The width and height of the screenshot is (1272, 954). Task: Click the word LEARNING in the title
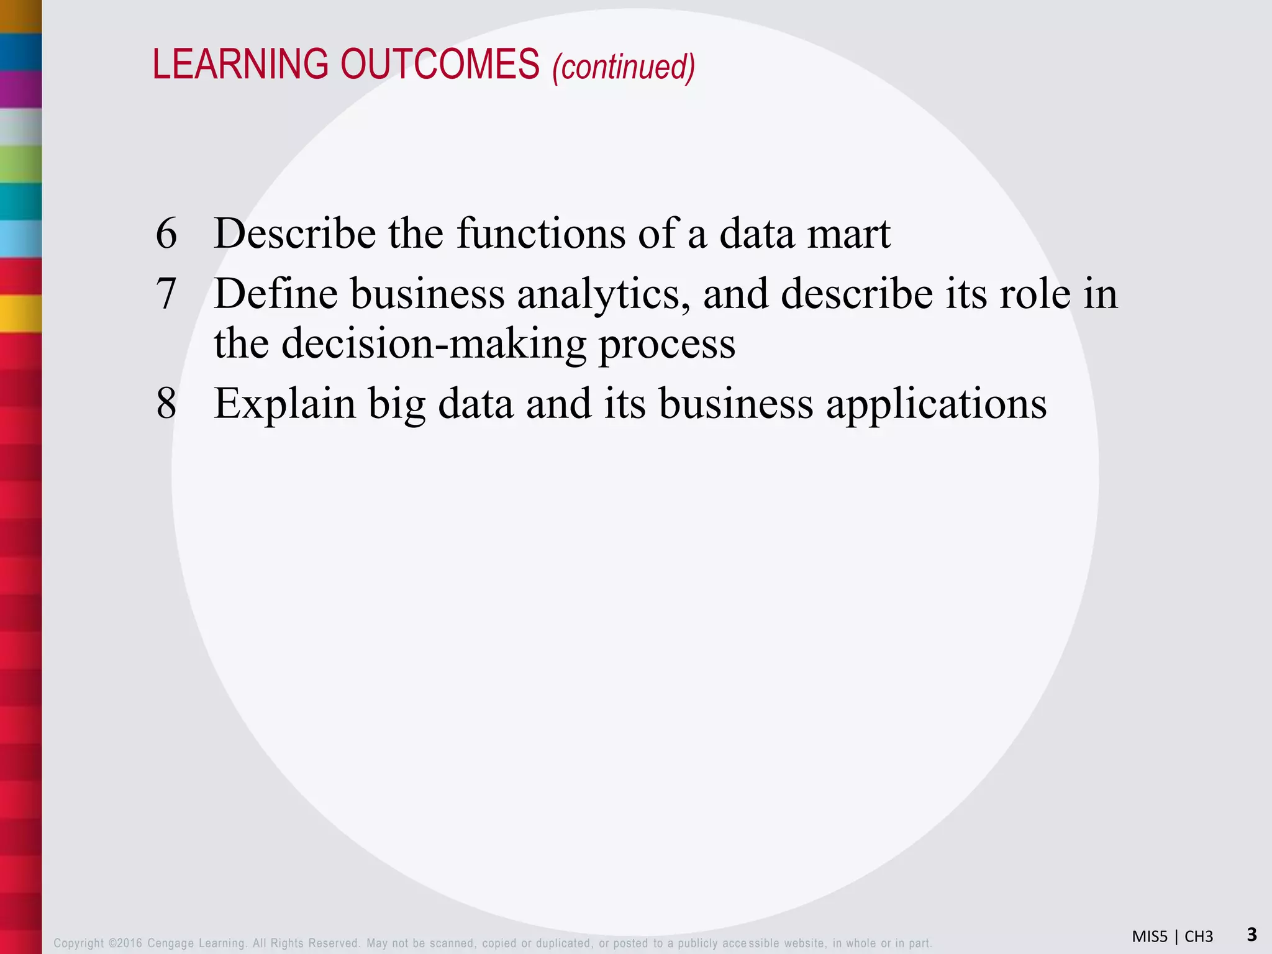[240, 65]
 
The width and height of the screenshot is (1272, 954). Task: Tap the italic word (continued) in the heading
[624, 67]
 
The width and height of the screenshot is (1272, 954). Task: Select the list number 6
[166, 235]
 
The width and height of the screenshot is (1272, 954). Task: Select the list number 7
[166, 294]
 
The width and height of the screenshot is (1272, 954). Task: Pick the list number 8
[166, 404]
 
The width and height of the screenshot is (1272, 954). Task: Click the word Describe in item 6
[294, 234]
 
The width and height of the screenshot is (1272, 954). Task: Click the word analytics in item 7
[603, 294]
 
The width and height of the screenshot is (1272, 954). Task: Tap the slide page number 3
[1252, 934]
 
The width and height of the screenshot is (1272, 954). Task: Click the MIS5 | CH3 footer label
[1172, 937]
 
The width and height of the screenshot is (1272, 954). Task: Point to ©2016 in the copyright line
[125, 943]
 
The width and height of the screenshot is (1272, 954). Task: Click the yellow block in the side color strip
[20, 314]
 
